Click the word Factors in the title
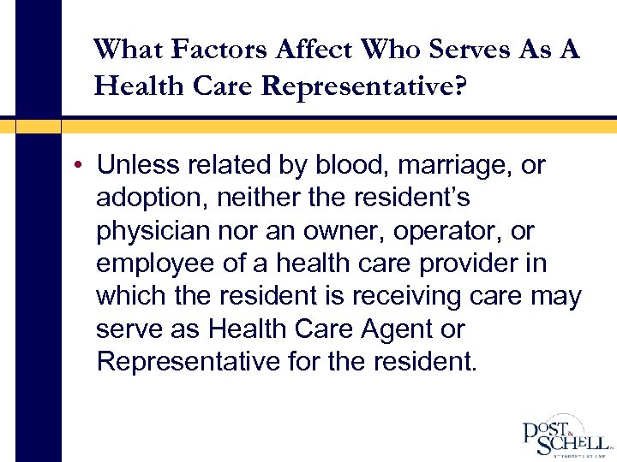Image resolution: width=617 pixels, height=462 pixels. tap(220, 49)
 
